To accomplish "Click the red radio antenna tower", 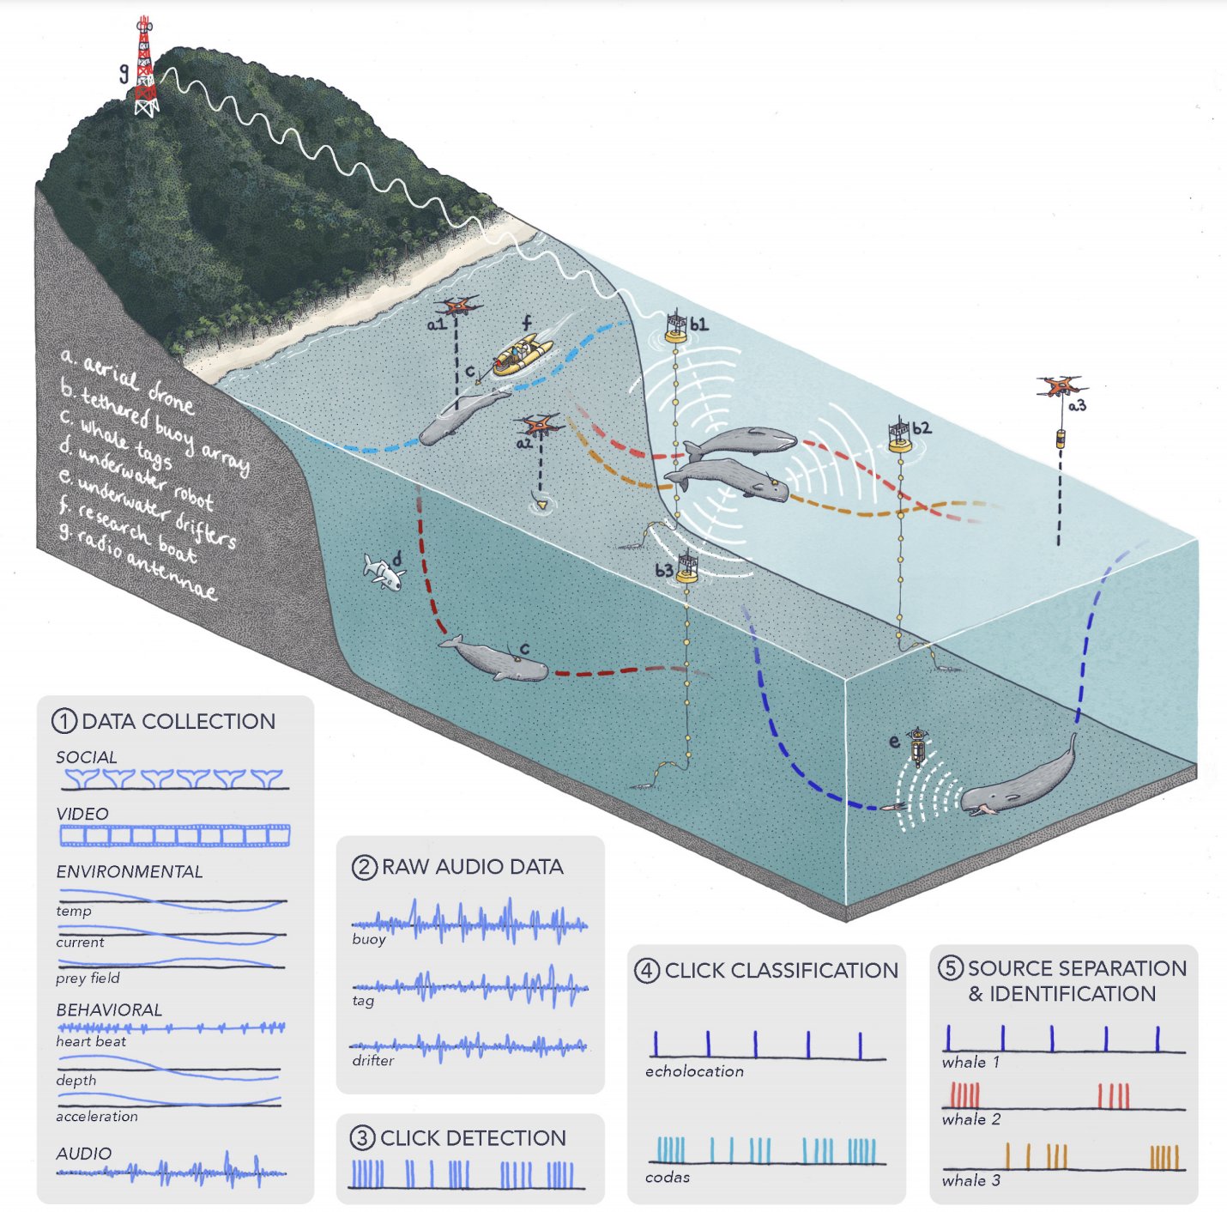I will [146, 67].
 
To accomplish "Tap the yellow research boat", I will [522, 355].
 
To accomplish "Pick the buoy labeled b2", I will [899, 436].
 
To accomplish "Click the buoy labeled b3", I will [686, 568].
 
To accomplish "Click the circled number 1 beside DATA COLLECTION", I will [64, 721].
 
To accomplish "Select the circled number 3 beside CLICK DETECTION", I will [362, 1138].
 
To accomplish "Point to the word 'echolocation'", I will [694, 1071].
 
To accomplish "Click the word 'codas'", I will [668, 1177].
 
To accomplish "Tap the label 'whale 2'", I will [970, 1119].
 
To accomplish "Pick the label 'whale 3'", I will [970, 1180].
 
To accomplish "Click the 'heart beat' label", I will [91, 1041].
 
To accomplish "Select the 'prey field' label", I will [88, 978].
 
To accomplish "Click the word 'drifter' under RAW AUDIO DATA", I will [372, 1061].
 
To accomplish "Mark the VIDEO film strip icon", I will [174, 834].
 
